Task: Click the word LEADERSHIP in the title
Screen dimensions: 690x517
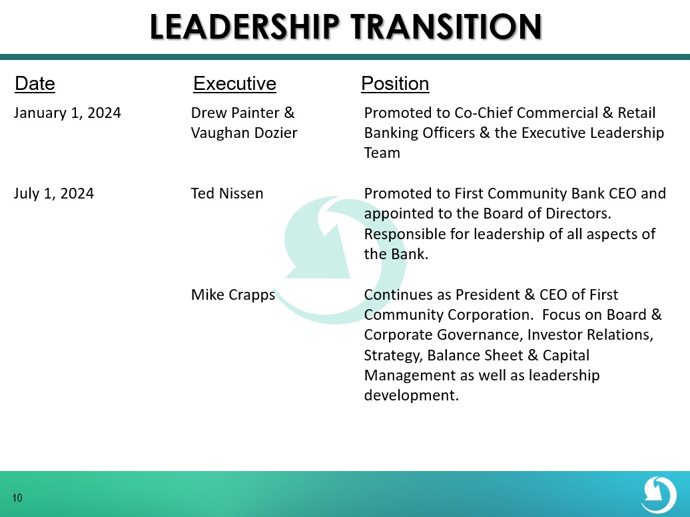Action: coord(244,27)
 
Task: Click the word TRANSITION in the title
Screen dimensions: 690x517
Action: coord(446,27)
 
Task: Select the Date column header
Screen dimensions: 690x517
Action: coord(35,83)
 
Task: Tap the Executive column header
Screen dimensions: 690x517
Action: coord(234,83)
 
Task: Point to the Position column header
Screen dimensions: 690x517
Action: coord(395,83)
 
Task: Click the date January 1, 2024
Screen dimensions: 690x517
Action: coord(67,113)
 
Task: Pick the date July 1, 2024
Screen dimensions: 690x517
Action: coord(54,193)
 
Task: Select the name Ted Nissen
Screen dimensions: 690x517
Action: coord(227,193)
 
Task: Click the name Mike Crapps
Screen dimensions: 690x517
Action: coord(233,294)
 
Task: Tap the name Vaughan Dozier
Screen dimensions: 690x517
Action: coord(244,133)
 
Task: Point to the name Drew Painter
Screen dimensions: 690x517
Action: coord(235,113)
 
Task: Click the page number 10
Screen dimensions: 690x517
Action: coord(17,498)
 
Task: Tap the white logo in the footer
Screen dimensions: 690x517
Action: coord(659,495)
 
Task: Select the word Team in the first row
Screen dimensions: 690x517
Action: coord(382,153)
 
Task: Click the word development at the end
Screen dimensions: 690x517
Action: coord(411,395)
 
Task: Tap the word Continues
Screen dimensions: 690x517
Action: coord(398,294)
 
